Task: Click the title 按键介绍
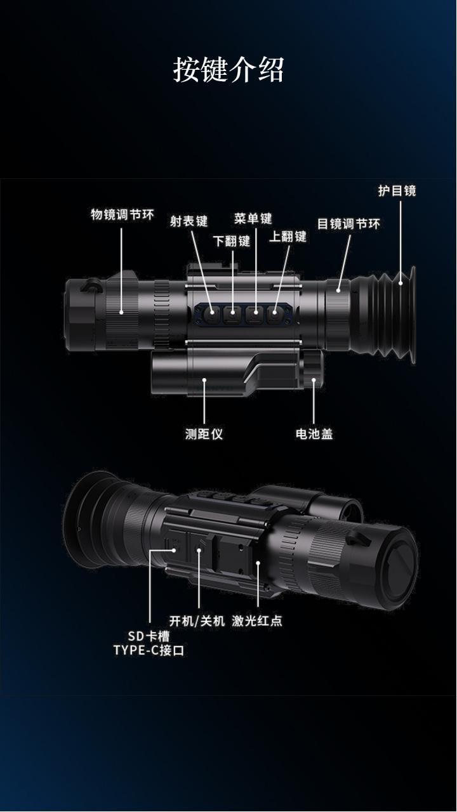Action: [x=228, y=69]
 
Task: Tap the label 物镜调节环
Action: [x=123, y=214]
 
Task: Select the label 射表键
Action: [x=189, y=221]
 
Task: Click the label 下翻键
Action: [x=231, y=241]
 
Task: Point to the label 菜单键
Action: [x=253, y=219]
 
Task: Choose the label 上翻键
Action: [x=288, y=237]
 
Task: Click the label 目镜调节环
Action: [x=348, y=224]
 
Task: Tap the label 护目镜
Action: [x=397, y=190]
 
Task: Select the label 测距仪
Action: [x=204, y=434]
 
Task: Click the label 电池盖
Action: [x=314, y=434]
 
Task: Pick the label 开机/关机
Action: [x=197, y=620]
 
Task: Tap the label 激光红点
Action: [x=257, y=620]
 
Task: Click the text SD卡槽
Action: [x=150, y=636]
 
